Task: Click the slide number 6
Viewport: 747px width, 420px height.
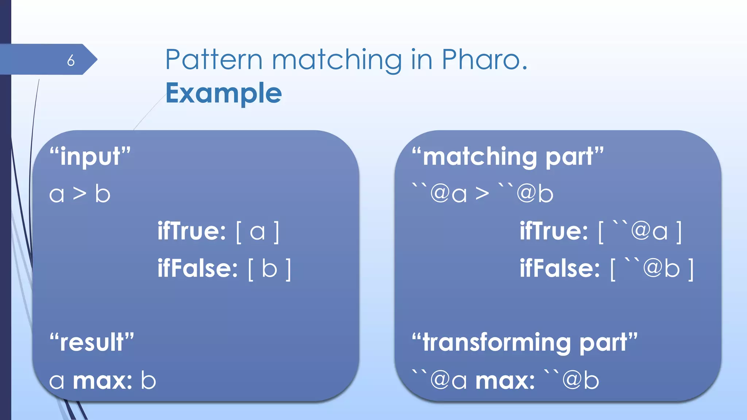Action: [71, 60]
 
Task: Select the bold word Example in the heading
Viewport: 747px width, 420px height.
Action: [224, 93]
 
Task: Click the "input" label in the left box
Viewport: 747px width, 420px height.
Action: [90, 156]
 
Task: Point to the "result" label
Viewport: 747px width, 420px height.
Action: [92, 342]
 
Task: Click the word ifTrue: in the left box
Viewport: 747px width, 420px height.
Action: [192, 231]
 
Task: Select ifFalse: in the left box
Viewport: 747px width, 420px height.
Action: [198, 268]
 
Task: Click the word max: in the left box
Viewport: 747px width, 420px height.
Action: [102, 381]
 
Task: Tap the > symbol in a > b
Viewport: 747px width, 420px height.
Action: [80, 193]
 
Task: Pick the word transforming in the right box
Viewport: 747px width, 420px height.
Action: [496, 343]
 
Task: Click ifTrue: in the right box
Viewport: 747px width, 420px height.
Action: [554, 231]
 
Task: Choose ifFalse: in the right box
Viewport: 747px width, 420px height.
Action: [560, 268]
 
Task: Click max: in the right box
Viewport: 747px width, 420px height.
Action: [505, 381]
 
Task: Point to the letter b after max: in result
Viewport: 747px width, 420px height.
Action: [148, 381]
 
